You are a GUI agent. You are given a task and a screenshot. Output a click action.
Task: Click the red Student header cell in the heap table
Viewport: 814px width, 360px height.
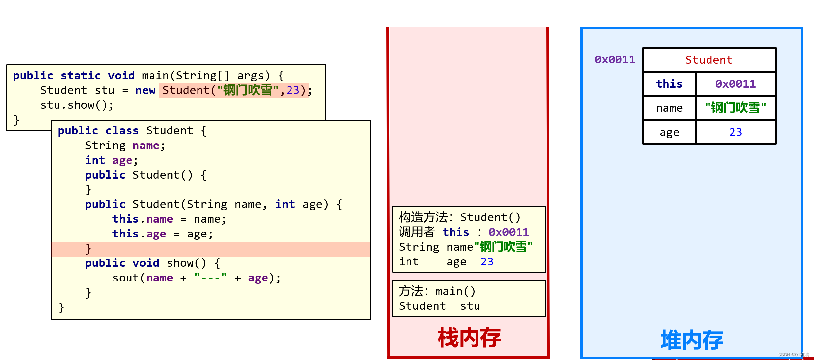point(709,60)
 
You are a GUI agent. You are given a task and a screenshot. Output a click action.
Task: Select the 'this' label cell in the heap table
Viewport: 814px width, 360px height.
point(669,84)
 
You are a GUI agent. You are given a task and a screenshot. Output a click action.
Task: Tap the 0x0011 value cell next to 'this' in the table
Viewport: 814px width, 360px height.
point(735,84)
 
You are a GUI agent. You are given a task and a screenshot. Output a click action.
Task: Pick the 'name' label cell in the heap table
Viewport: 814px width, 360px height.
point(669,108)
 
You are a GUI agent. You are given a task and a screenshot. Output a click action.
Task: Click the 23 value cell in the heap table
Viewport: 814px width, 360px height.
point(735,132)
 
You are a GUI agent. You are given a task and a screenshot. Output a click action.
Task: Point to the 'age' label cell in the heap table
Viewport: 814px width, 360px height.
point(669,132)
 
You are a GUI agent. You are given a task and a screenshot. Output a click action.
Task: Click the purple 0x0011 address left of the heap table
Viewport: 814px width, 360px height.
point(615,60)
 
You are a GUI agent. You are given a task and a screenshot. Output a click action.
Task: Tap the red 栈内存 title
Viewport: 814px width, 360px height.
point(469,338)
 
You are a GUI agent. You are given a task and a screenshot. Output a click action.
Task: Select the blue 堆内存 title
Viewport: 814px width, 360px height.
point(692,340)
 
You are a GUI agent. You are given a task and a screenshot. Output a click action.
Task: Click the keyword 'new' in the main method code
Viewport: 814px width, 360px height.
point(145,90)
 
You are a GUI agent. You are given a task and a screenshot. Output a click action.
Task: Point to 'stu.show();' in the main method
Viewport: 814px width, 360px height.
point(77,105)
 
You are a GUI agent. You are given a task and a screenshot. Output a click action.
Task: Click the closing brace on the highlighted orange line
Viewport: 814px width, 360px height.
point(88,249)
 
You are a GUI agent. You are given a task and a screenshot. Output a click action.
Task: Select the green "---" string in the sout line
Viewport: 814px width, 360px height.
point(210,278)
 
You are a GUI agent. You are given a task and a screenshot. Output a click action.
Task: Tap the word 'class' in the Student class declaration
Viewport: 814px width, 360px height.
point(122,131)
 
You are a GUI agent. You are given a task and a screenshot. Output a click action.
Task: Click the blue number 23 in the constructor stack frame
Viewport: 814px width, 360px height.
point(487,262)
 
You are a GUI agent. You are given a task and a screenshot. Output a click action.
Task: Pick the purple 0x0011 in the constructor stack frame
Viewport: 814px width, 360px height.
point(508,232)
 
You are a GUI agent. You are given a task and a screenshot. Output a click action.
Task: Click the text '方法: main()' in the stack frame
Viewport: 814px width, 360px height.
point(437,291)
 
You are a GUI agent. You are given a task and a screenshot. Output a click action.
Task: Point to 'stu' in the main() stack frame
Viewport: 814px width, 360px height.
point(470,306)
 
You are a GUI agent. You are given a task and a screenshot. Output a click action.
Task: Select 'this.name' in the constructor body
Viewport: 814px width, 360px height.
point(142,219)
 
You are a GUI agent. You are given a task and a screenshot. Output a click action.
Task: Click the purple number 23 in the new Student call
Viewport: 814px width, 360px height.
point(292,90)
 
